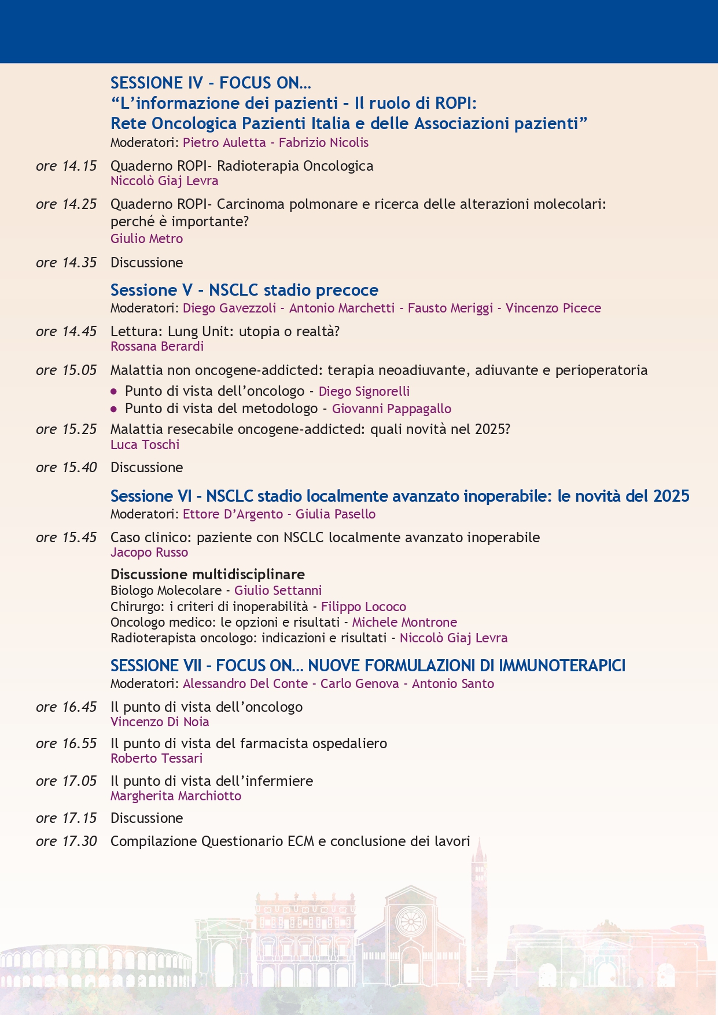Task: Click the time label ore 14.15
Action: pyautogui.click(x=66, y=166)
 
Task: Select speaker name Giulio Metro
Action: pyautogui.click(x=146, y=238)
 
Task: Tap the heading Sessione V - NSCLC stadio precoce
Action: pyautogui.click(x=244, y=290)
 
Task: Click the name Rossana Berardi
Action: pyautogui.click(x=157, y=346)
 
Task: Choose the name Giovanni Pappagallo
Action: pyautogui.click(x=391, y=409)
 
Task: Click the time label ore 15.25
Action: pyautogui.click(x=66, y=429)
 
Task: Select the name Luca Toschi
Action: pyautogui.click(x=145, y=444)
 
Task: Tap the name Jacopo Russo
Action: pyautogui.click(x=149, y=552)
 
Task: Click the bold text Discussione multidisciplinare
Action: pyautogui.click(x=207, y=574)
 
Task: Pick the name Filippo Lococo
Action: pyautogui.click(x=363, y=606)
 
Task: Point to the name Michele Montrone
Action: pyautogui.click(x=404, y=622)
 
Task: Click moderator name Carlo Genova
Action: pyautogui.click(x=359, y=683)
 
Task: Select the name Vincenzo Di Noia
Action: pyautogui.click(x=160, y=722)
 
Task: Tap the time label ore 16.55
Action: pyautogui.click(x=66, y=744)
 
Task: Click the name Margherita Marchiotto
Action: pyautogui.click(x=176, y=796)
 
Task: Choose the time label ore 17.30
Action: pyautogui.click(x=66, y=841)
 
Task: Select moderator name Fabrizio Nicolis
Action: pyautogui.click(x=323, y=142)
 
